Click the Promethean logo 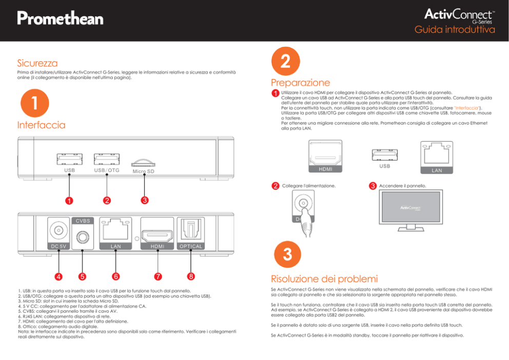tap(60, 19)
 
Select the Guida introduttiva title tap(455, 30)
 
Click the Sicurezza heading tap(37, 64)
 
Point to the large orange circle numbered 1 tap(34, 103)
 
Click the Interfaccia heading tap(41, 125)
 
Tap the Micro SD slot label tap(143, 171)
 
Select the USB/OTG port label tap(107, 170)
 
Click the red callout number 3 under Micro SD tap(145, 200)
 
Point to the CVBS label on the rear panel tap(83, 221)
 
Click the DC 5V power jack tap(58, 230)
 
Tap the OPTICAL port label tap(190, 246)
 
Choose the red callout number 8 tap(191, 276)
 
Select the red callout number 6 tap(116, 276)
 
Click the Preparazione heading tap(300, 83)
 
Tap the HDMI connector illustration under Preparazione tap(325, 157)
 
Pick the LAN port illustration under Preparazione tap(437, 156)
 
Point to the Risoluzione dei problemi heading tap(324, 279)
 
